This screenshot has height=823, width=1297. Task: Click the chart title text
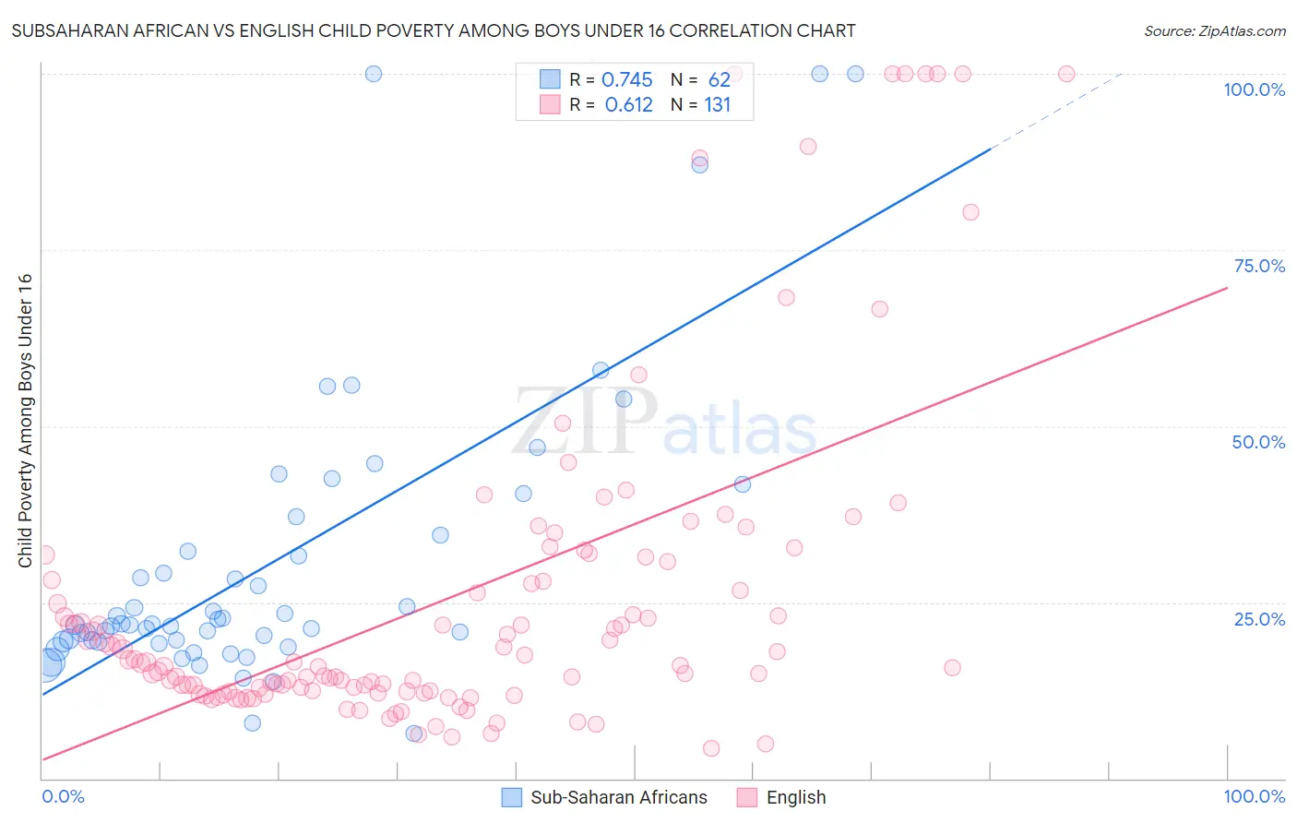pyautogui.click(x=433, y=30)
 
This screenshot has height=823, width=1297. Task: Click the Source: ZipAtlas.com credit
pyautogui.click(x=1214, y=30)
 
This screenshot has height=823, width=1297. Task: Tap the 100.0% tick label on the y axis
pyautogui.click(x=1254, y=89)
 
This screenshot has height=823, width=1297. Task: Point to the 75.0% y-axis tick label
pyautogui.click(x=1259, y=266)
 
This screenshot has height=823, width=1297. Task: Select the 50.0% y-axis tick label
pyautogui.click(x=1258, y=442)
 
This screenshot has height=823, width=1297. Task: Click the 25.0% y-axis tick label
pyautogui.click(x=1259, y=618)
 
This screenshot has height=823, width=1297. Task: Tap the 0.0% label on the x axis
pyautogui.click(x=63, y=796)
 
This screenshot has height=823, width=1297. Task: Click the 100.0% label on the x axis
pyautogui.click(x=1254, y=796)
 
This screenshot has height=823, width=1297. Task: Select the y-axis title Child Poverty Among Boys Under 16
pyautogui.click(x=26, y=421)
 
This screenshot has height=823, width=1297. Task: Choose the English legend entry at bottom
pyautogui.click(x=795, y=797)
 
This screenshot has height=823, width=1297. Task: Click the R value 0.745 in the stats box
pyautogui.click(x=626, y=80)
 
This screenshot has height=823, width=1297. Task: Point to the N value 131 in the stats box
pyautogui.click(x=717, y=105)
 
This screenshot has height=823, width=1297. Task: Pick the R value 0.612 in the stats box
pyautogui.click(x=628, y=105)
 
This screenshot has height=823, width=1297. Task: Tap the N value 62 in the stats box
pyautogui.click(x=719, y=80)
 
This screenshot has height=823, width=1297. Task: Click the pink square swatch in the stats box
pyautogui.click(x=550, y=104)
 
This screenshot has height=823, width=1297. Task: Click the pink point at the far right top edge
pyautogui.click(x=1065, y=74)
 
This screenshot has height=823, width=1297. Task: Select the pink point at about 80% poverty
pyautogui.click(x=970, y=212)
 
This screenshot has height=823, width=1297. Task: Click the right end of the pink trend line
pyautogui.click(x=1227, y=288)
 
